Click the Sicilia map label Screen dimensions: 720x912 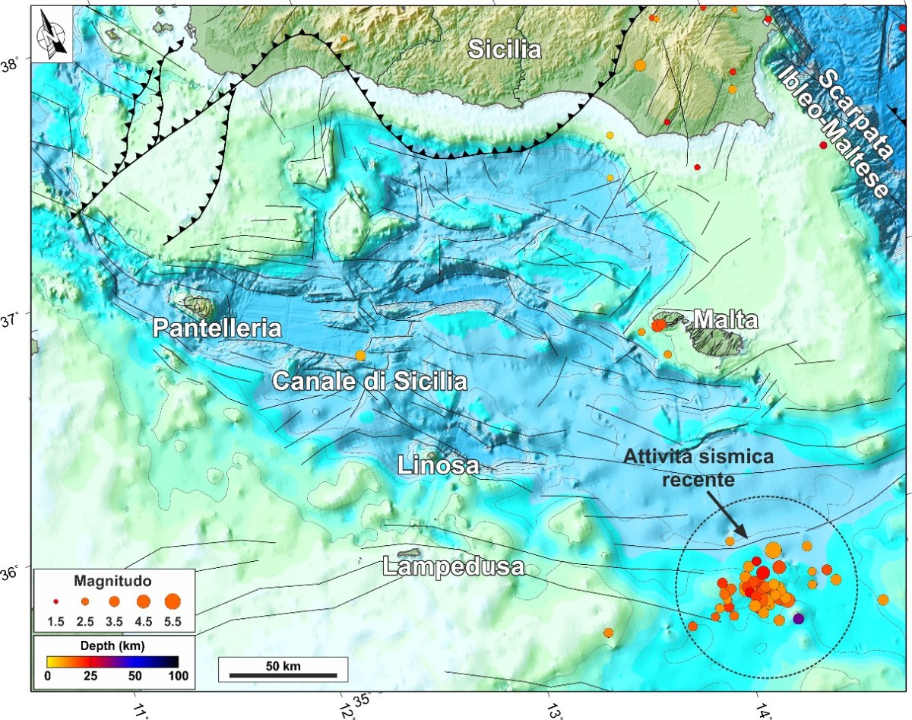[x=505, y=50]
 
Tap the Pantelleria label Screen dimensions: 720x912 [x=217, y=328]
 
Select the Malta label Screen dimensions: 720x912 [x=725, y=320]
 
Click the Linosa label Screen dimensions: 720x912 [x=439, y=465]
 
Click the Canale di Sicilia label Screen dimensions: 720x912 [x=369, y=381]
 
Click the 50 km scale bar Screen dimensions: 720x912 [x=283, y=674]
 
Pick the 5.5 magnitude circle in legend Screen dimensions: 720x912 [x=172, y=601]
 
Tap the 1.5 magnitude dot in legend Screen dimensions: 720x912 [x=55, y=601]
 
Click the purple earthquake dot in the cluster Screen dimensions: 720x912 [x=798, y=619]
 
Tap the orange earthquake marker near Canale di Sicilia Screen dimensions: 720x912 [x=360, y=355]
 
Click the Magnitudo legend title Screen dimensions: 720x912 [x=112, y=581]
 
